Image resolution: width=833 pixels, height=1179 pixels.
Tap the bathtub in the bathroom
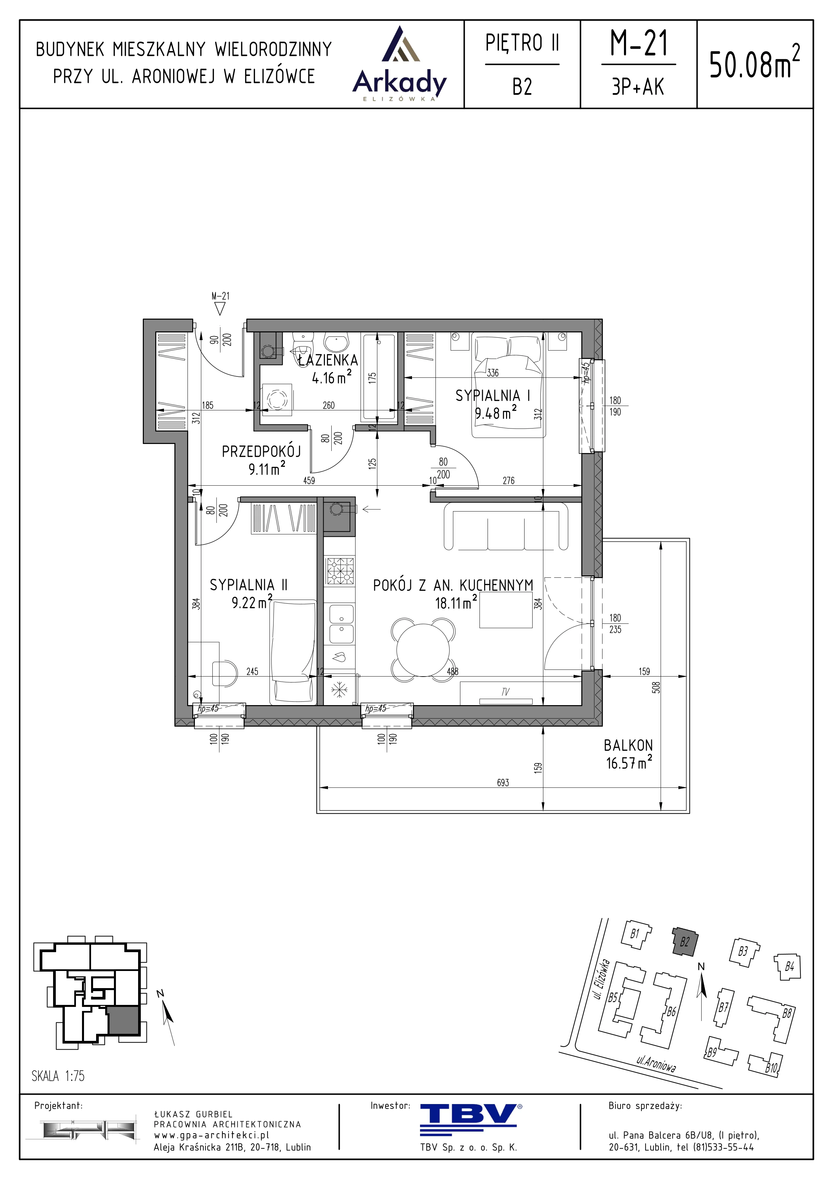379,377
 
